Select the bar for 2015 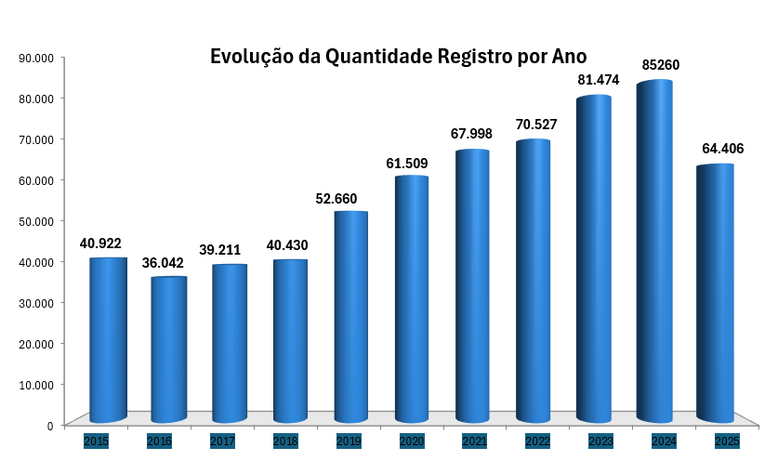click(108, 339)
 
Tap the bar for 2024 click(654, 251)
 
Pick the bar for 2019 click(351, 316)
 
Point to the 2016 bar click(168, 349)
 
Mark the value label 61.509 click(407, 164)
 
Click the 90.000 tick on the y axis click(36, 58)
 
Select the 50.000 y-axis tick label click(36, 221)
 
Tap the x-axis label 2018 click(286, 441)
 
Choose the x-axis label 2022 click(537, 441)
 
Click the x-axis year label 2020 click(412, 441)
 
